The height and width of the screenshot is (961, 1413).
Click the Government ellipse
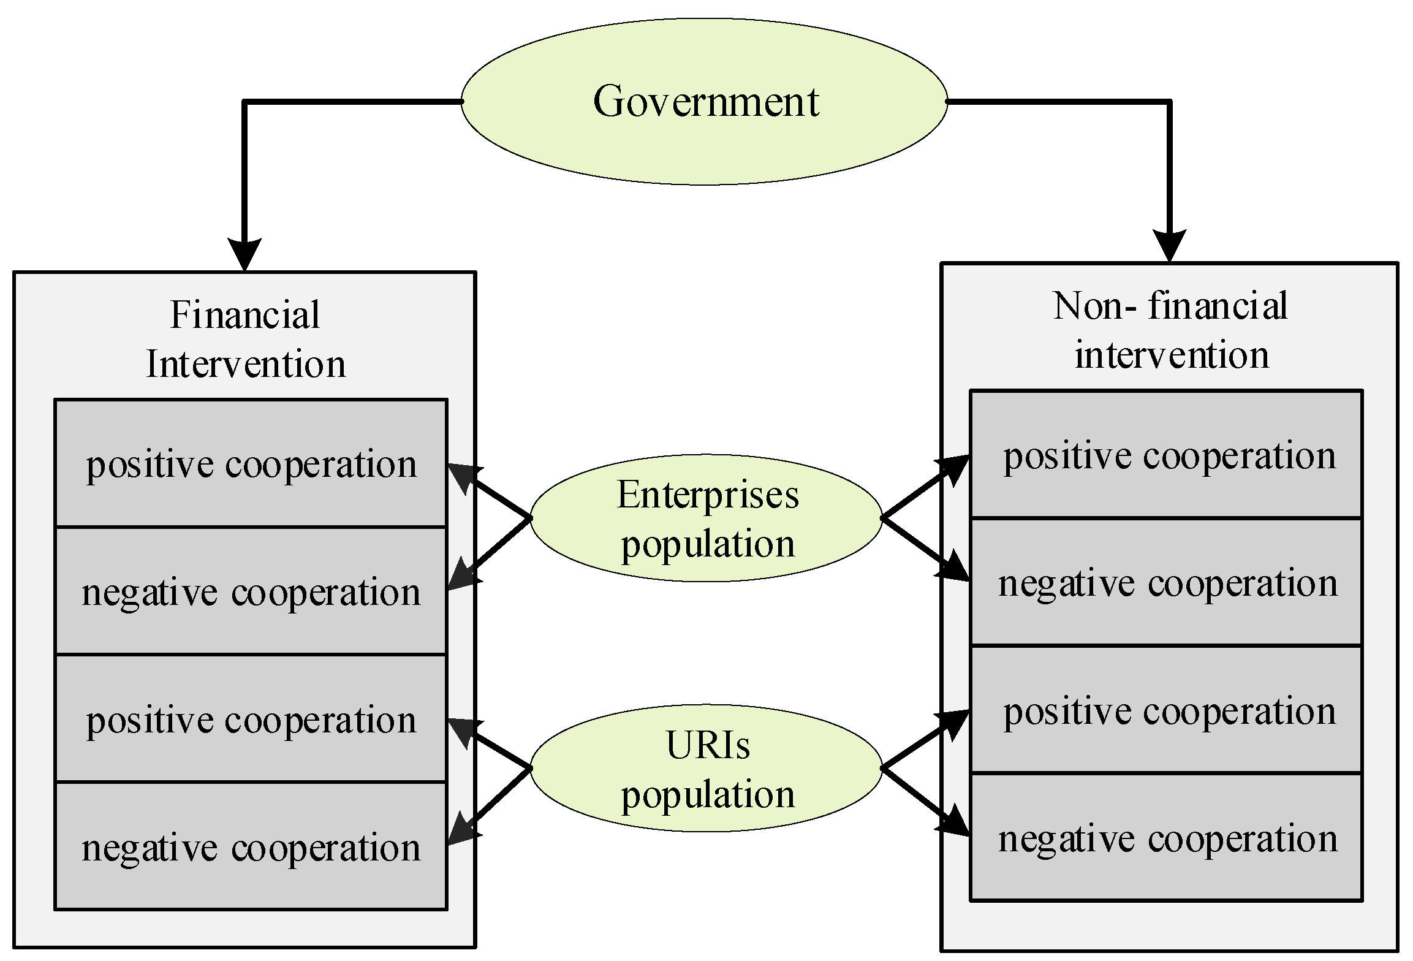[x=705, y=101]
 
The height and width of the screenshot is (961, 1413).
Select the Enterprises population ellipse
[x=706, y=518]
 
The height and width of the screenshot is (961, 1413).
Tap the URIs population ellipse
[x=706, y=769]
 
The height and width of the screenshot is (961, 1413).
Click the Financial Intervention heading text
[x=245, y=340]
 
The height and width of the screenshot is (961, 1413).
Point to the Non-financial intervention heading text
[x=1170, y=331]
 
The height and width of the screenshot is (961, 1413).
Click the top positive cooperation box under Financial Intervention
[x=251, y=463]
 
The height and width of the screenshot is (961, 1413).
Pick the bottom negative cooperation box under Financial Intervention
[x=251, y=847]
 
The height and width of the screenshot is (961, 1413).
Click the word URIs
[x=708, y=746]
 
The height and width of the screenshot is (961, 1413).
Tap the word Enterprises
[x=708, y=495]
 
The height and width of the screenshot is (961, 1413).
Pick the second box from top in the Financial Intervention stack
[x=251, y=591]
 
